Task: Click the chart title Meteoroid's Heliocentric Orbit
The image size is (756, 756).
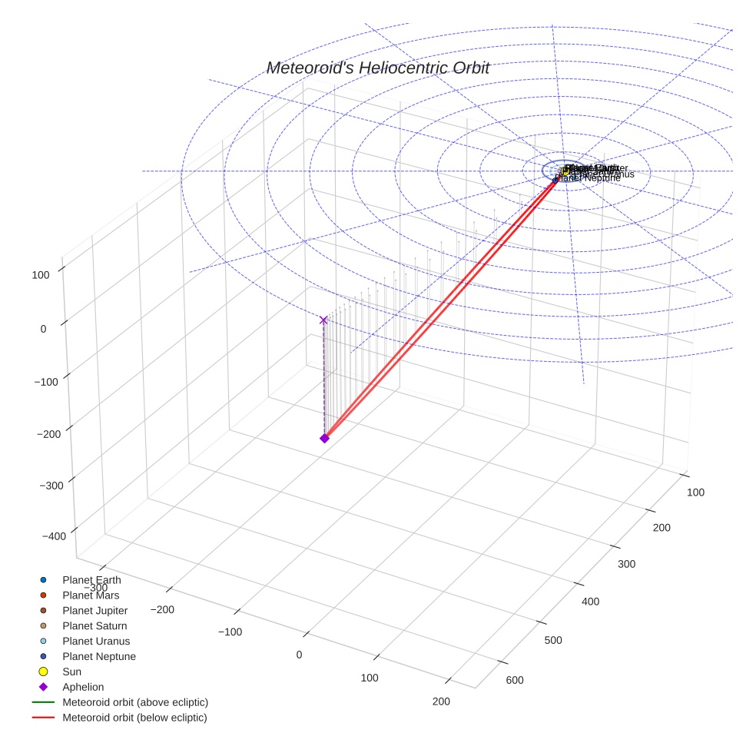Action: pyautogui.click(x=377, y=68)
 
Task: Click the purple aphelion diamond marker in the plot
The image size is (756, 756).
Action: pyautogui.click(x=324, y=438)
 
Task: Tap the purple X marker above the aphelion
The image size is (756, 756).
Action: pyautogui.click(x=323, y=320)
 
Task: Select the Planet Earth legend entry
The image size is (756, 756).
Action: pyautogui.click(x=91, y=580)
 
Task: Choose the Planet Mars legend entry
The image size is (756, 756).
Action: pyautogui.click(x=91, y=595)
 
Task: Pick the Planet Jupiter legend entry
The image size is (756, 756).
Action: pyautogui.click(x=94, y=611)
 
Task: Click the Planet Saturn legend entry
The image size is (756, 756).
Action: pyautogui.click(x=94, y=626)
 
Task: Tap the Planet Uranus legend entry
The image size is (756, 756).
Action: pyautogui.click(x=96, y=642)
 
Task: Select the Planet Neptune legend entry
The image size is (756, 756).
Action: pyautogui.click(x=99, y=657)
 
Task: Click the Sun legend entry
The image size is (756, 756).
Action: pyautogui.click(x=71, y=672)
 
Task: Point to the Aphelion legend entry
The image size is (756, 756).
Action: pyautogui.click(x=83, y=688)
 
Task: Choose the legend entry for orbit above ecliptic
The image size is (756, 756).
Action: pyautogui.click(x=135, y=702)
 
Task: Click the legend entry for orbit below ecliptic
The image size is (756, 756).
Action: pyautogui.click(x=134, y=718)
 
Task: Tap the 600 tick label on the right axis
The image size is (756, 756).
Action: pyautogui.click(x=515, y=680)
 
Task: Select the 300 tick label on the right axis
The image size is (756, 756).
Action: pyautogui.click(x=628, y=564)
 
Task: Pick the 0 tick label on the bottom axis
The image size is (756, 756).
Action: pyautogui.click(x=299, y=655)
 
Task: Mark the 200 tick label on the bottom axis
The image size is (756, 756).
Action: pyautogui.click(x=441, y=701)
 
